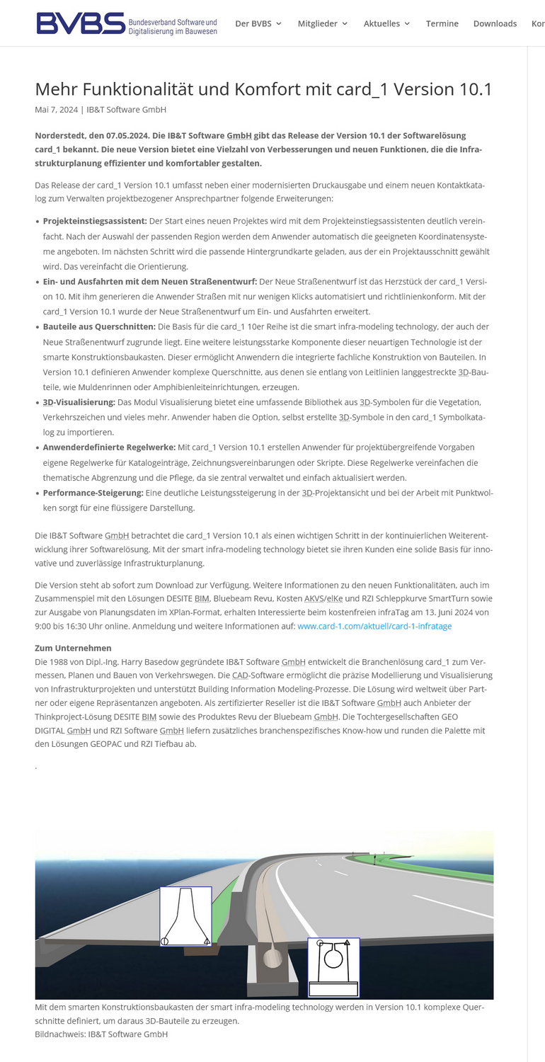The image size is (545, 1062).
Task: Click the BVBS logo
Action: point(127,23)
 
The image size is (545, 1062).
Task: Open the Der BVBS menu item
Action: point(258,23)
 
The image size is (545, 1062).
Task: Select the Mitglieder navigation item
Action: point(322,23)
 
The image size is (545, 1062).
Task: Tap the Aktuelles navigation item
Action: point(386,23)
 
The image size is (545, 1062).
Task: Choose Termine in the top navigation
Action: point(442,23)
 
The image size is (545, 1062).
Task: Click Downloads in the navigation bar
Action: point(495,23)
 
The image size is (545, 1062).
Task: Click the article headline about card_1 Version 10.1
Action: point(263,89)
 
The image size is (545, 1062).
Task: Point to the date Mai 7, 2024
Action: point(56,110)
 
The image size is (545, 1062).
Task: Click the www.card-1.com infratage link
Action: point(374,626)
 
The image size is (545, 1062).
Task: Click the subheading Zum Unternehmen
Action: point(73,648)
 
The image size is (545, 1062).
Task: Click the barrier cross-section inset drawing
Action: point(185,915)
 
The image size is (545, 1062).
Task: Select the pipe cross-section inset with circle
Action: point(333,966)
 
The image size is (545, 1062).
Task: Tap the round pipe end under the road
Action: point(272,959)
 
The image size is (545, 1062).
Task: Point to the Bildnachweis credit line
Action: point(101,1034)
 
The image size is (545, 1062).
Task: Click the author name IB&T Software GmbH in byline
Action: point(126,110)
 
